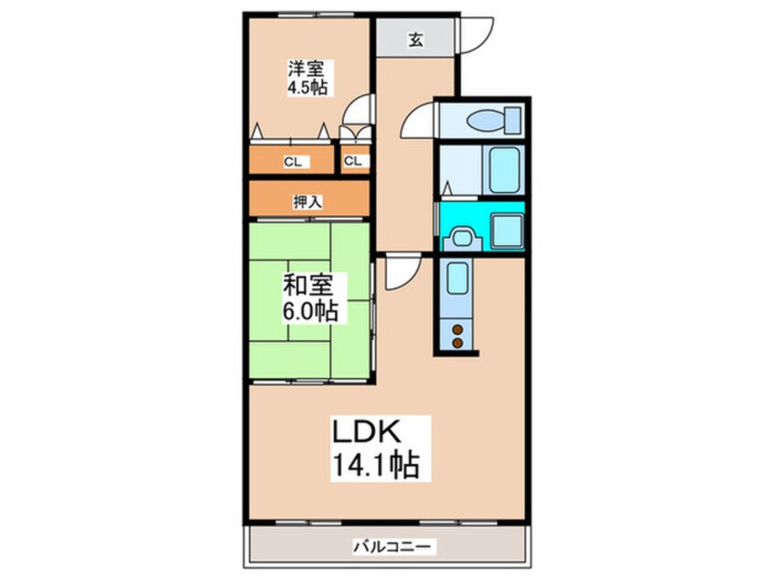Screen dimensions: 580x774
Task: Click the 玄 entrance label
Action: [x=415, y=40]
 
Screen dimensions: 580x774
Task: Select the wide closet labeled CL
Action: [x=292, y=162]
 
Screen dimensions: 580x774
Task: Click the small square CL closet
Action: [x=353, y=162]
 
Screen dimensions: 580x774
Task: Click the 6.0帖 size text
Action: [x=308, y=312]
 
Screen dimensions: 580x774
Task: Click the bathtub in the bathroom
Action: [x=504, y=169]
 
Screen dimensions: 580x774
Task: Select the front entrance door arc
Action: [x=473, y=34]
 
